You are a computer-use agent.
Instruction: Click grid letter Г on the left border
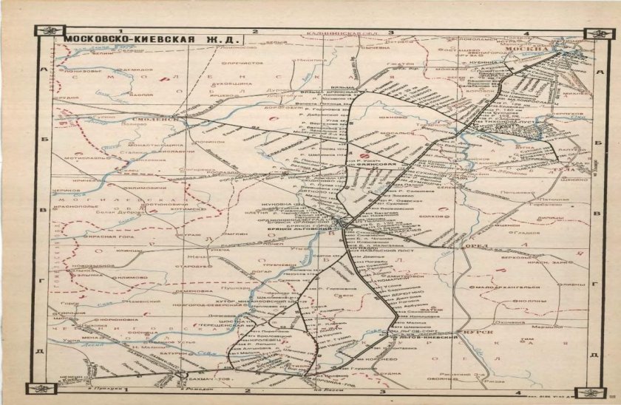44,282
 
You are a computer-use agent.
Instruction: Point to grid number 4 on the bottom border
518,391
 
